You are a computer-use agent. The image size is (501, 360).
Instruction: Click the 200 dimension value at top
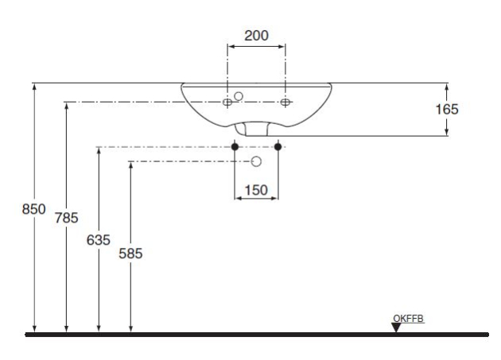tap(256, 36)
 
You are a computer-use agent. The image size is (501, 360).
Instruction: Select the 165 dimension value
tap(447, 109)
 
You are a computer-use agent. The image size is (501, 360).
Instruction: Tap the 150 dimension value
tap(256, 191)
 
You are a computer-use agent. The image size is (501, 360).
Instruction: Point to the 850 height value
tap(33, 209)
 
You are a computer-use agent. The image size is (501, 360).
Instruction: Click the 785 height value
tap(67, 218)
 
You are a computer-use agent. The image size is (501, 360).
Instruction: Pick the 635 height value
tap(99, 240)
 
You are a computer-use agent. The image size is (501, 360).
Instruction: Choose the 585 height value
tap(130, 254)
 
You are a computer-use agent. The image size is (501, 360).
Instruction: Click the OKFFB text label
tap(408, 319)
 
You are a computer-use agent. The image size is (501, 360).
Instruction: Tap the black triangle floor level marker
tap(396, 327)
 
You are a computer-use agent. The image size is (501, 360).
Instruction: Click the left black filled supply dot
tap(235, 146)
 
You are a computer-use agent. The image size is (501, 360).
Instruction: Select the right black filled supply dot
tap(278, 146)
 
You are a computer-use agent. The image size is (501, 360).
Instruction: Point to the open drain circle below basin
tap(256, 161)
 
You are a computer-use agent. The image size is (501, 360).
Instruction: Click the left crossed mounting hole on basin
tap(227, 103)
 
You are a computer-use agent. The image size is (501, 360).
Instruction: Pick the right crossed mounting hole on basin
tap(285, 103)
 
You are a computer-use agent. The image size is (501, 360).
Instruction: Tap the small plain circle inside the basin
tap(239, 96)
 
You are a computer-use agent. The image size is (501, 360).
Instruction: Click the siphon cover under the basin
tap(252, 129)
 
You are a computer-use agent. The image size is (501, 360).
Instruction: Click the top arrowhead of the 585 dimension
tap(130, 166)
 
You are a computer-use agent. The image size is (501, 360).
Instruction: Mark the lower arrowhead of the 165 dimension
tap(447, 132)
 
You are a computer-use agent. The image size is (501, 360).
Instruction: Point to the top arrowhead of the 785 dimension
tap(67, 106)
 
